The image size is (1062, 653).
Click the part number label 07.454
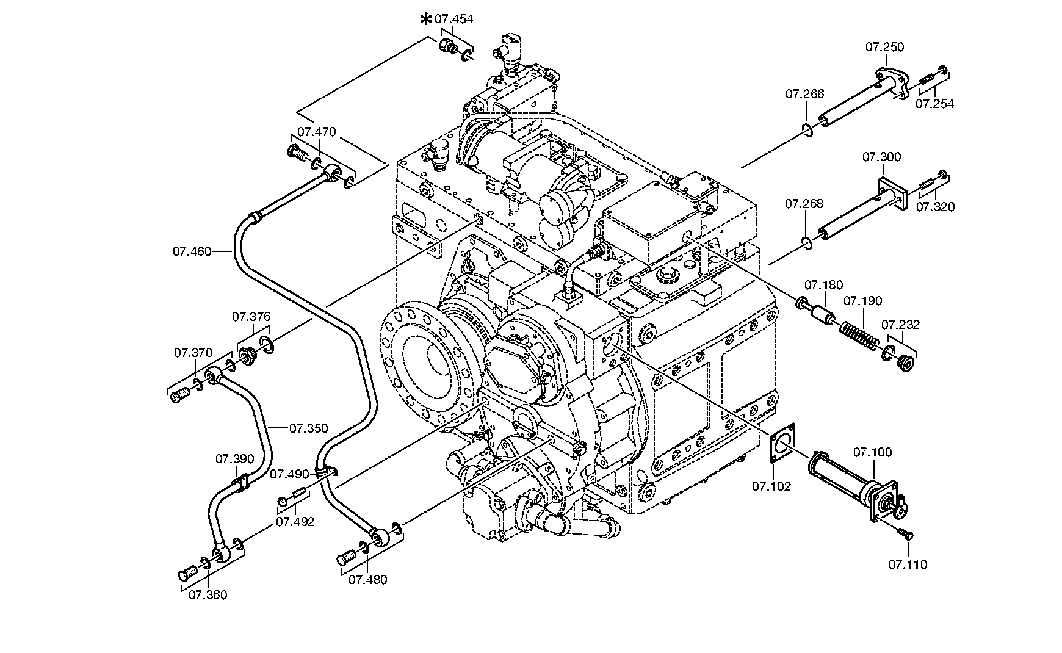tap(453, 20)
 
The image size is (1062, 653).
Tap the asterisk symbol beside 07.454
tap(426, 20)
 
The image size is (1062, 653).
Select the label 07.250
tap(884, 47)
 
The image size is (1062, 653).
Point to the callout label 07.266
tap(804, 94)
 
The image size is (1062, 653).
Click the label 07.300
tap(881, 157)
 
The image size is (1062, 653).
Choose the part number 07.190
tap(863, 301)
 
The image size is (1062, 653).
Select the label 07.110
tap(908, 565)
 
